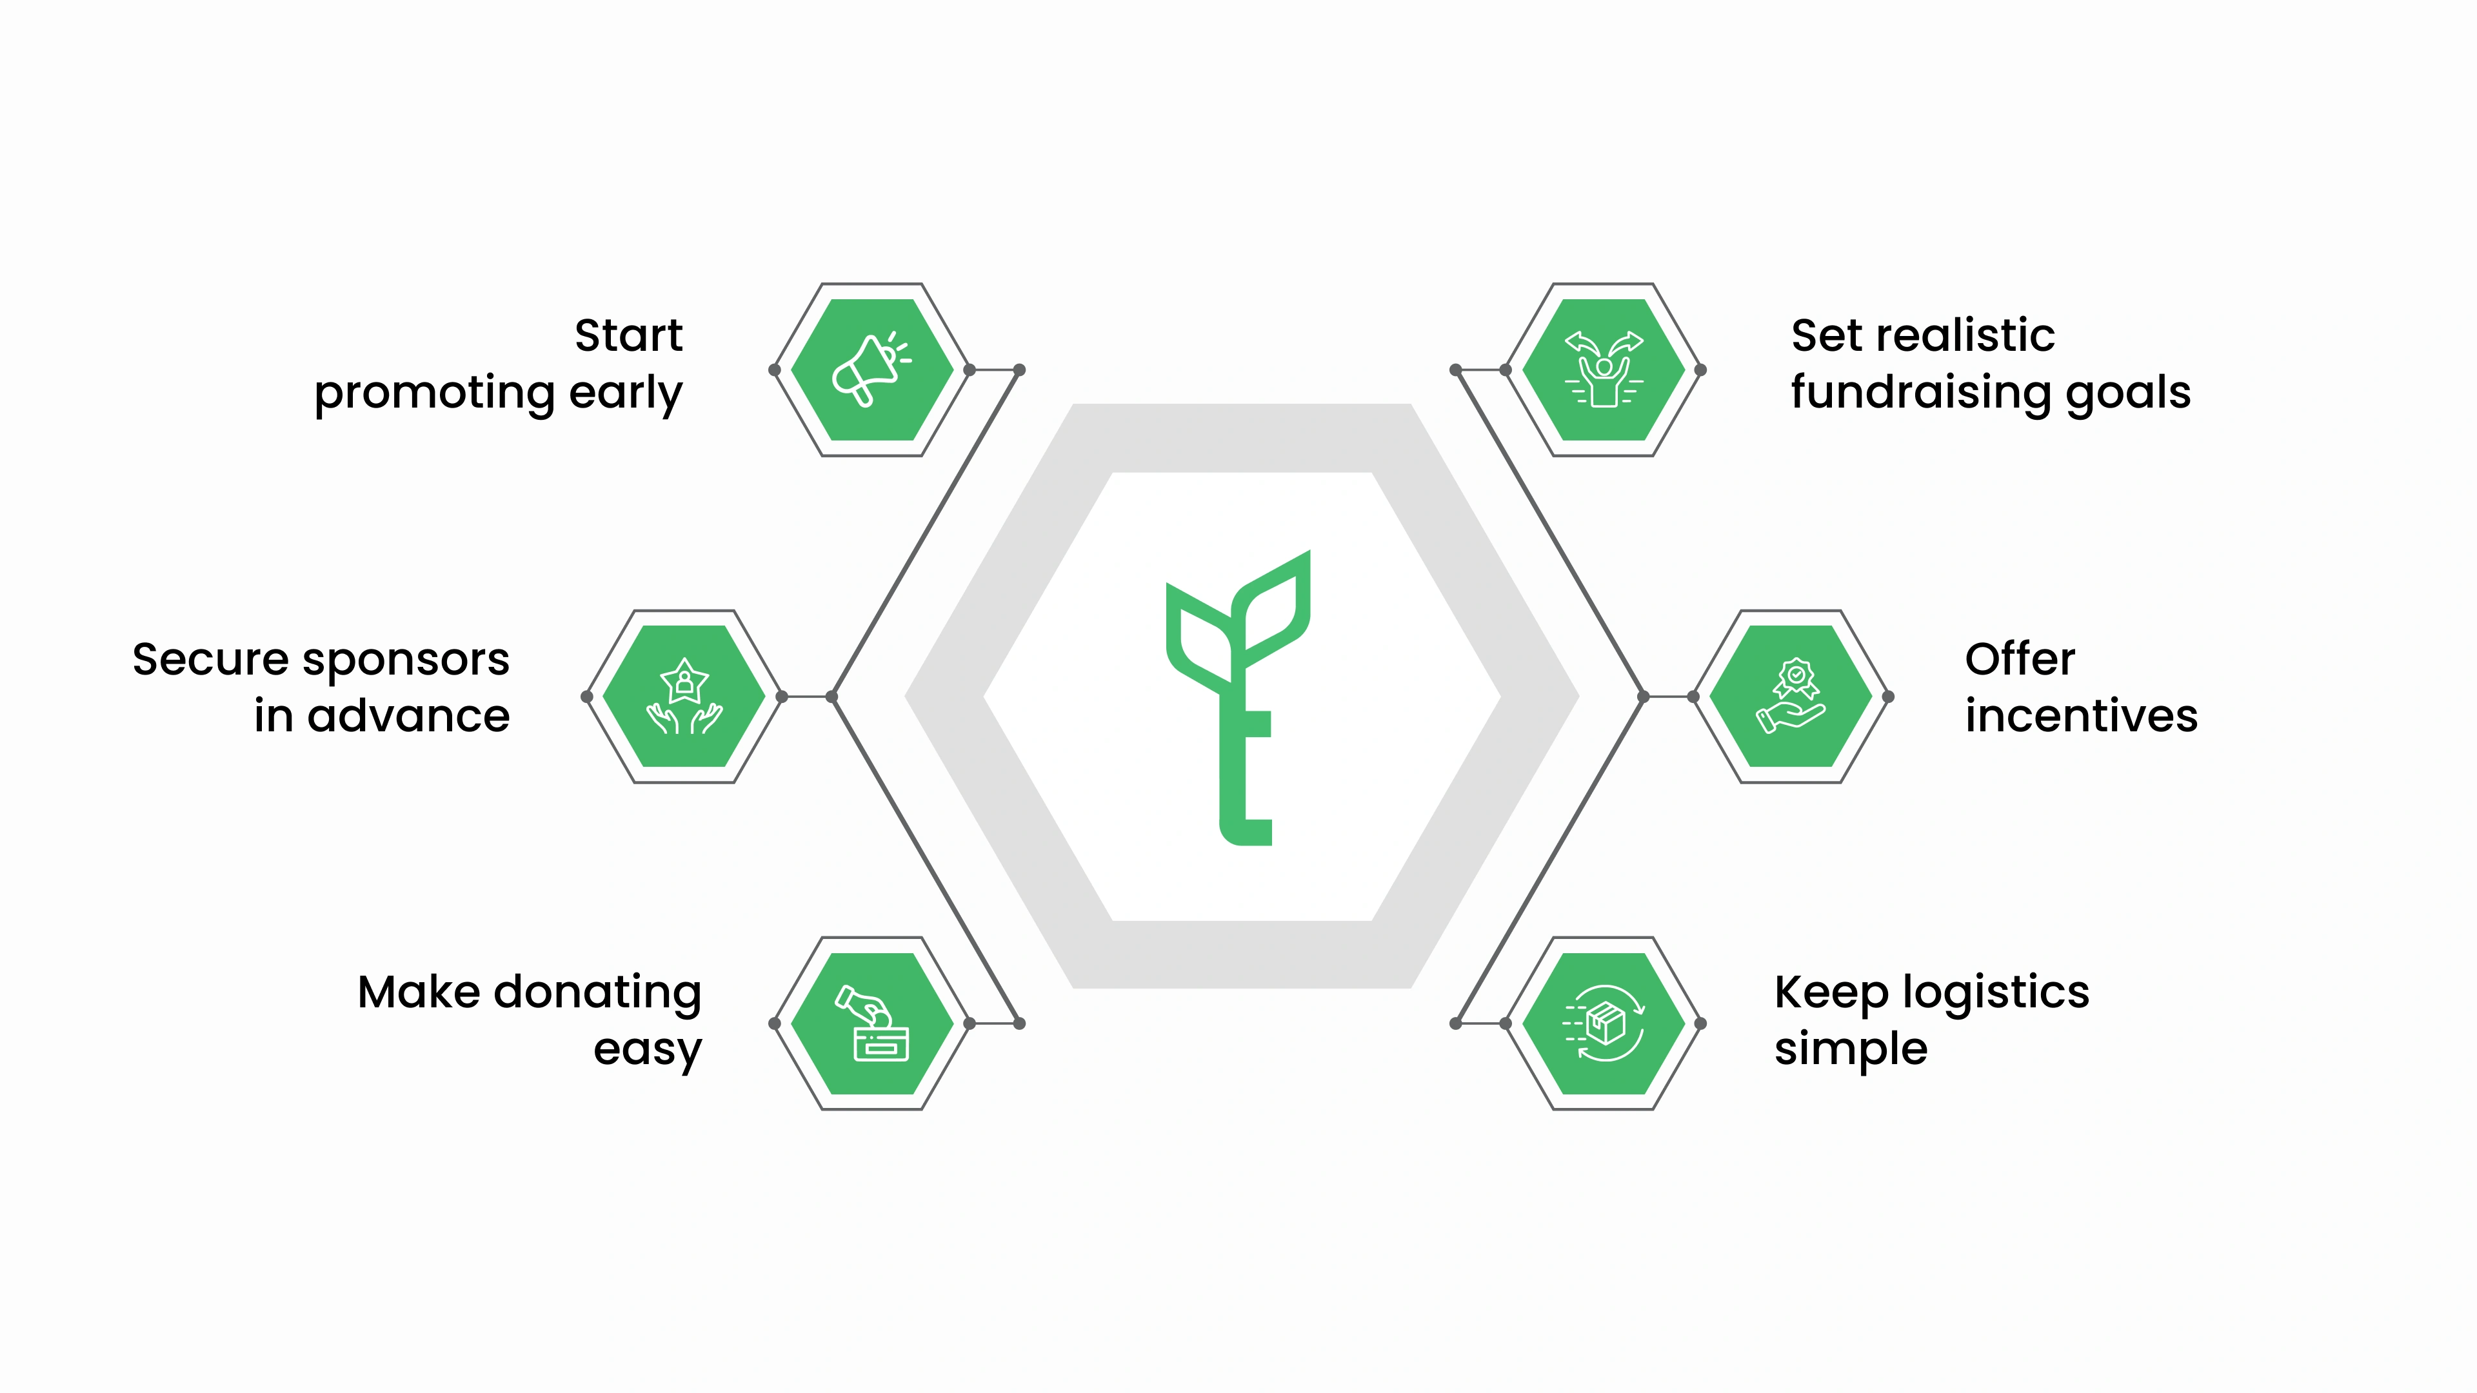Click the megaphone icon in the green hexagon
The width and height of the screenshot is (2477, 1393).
point(871,370)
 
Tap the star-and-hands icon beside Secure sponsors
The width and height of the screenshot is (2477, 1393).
point(684,696)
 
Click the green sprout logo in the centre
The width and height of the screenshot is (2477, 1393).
point(1238,697)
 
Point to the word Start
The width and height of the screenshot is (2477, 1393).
point(629,335)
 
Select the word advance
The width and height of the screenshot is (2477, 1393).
point(409,716)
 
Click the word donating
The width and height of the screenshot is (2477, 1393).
point(597,994)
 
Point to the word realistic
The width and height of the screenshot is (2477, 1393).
point(1965,335)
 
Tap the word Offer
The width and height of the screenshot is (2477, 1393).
point(2019,660)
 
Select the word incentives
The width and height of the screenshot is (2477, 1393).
point(2081,716)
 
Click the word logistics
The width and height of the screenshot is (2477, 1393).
point(1995,994)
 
